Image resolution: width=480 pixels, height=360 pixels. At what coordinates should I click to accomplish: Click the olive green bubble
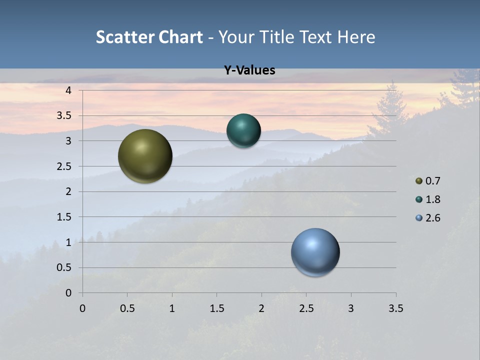click(145, 156)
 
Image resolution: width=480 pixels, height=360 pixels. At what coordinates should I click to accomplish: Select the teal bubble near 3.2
click(243, 130)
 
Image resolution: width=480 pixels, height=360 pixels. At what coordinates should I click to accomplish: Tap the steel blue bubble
click(315, 252)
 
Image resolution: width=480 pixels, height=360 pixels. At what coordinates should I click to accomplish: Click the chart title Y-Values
click(249, 70)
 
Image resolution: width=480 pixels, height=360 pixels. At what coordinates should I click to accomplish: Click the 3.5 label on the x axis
click(395, 308)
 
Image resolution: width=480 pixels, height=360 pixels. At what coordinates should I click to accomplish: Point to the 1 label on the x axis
click(172, 308)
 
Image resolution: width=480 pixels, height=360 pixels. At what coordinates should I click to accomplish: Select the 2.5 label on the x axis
click(306, 308)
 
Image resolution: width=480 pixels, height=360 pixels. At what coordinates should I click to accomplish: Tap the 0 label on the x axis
click(82, 308)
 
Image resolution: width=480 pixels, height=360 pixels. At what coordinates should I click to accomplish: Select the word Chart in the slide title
click(180, 37)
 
